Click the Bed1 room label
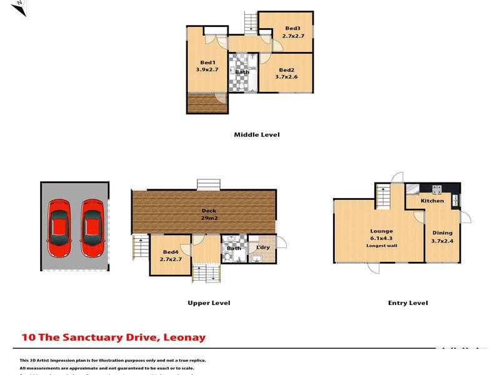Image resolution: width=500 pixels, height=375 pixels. tap(208, 62)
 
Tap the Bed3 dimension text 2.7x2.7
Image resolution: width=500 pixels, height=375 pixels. tap(293, 36)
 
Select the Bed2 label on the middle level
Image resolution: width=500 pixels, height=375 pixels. tap(286, 69)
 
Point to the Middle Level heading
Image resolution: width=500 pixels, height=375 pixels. tap(256, 134)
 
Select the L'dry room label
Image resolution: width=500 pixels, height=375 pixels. tap(262, 248)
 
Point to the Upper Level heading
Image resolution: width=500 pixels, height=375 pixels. tap(209, 303)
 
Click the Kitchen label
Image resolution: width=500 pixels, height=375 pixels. tap(432, 201)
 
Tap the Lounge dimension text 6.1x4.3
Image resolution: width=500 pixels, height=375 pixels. tap(381, 238)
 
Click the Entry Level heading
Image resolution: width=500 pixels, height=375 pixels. tap(407, 303)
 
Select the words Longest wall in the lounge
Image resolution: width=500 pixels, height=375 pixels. tap(381, 246)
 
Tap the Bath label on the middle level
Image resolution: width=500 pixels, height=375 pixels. tap(242, 72)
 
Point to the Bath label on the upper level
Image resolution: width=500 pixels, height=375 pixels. tap(234, 248)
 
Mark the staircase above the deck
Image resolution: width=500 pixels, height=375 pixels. tap(208, 184)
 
